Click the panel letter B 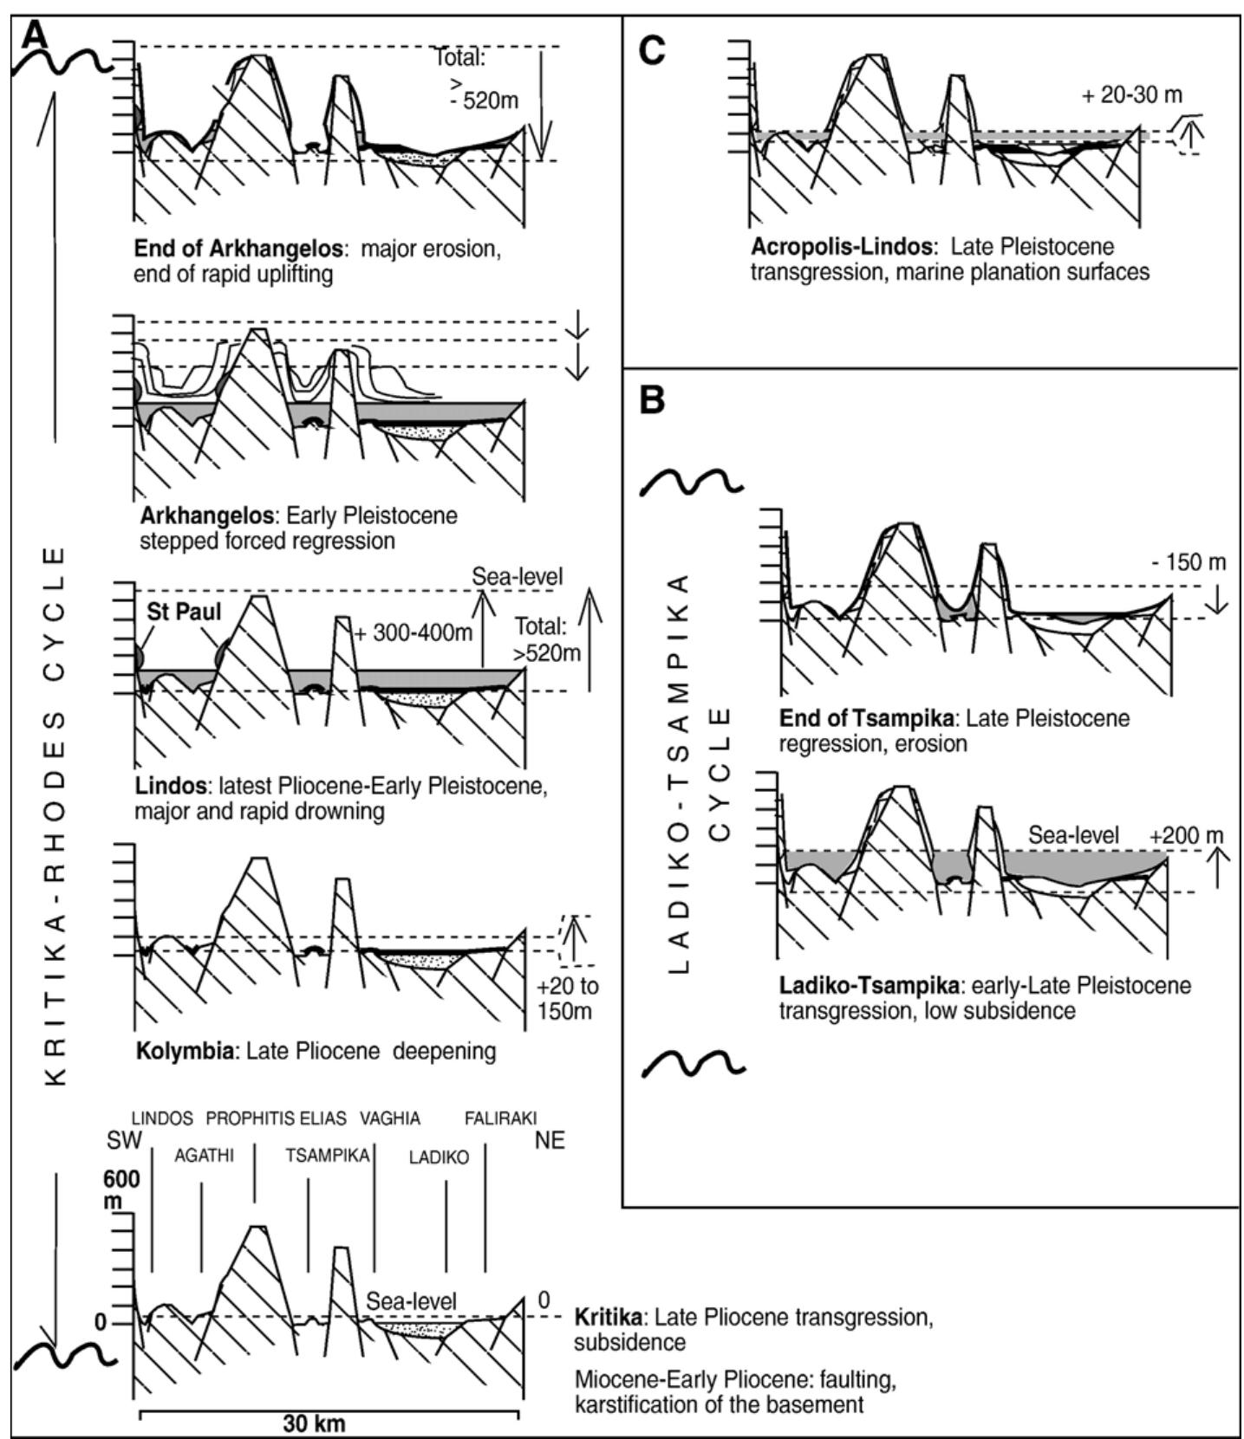pos(652,400)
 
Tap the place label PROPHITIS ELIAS pos(276,1118)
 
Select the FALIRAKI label pos(500,1118)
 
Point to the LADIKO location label pos(439,1157)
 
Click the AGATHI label pos(204,1156)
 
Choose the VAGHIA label pos(390,1118)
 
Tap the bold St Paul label pos(184,612)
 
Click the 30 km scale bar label pos(313,1423)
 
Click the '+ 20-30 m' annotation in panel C pos(1131,95)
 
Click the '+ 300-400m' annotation pos(414,632)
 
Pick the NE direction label pos(549,1140)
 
